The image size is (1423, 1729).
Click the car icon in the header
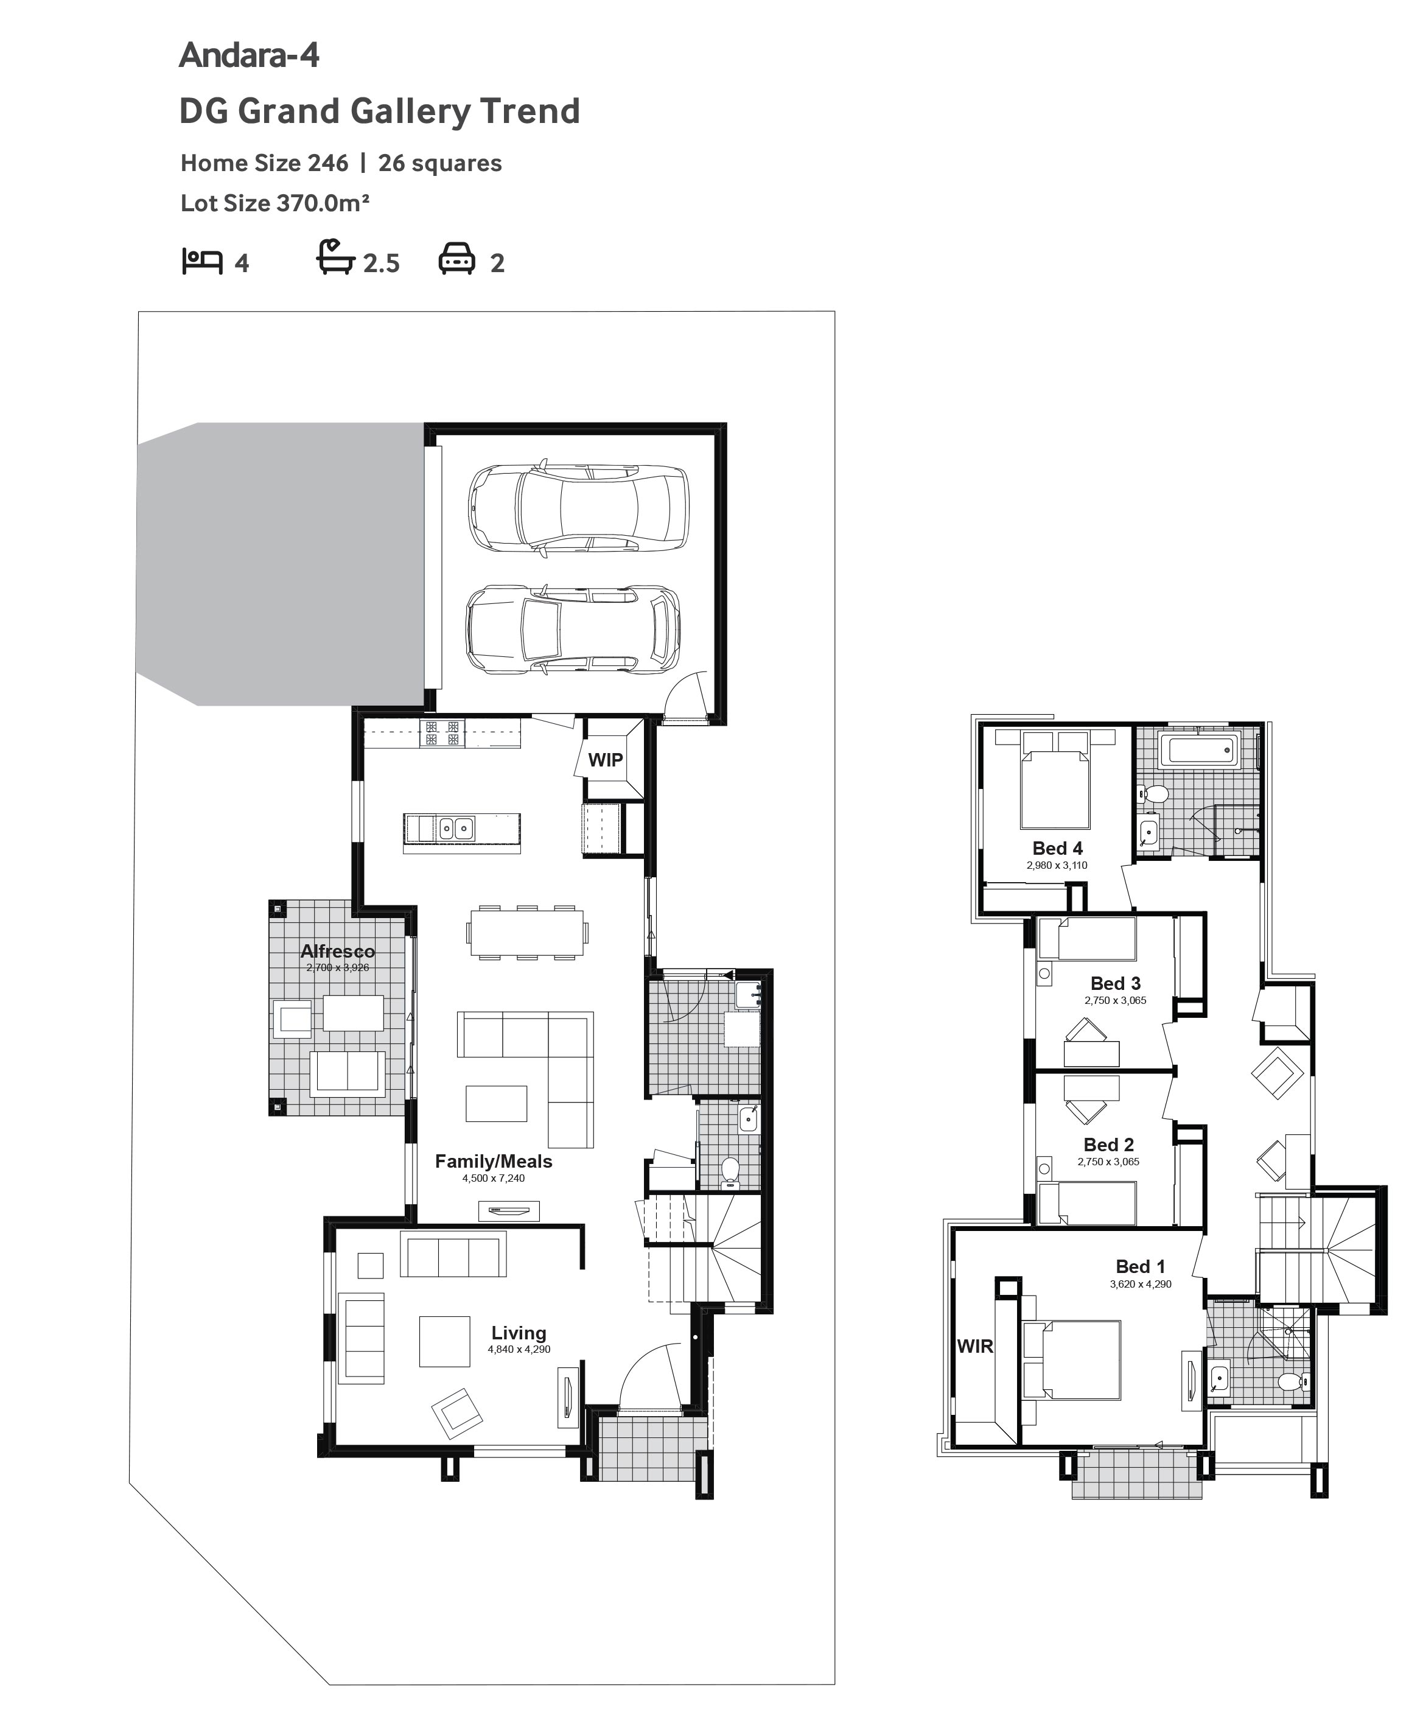coord(456,258)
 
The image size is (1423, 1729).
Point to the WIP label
coord(605,760)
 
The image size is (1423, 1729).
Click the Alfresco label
coord(338,951)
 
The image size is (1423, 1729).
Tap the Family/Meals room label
coord(494,1161)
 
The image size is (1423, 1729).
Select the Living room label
coord(519,1333)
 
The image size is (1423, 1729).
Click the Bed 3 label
coord(1116,983)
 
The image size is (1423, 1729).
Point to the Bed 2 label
coord(1109,1145)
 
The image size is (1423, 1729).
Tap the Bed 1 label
coord(1140,1267)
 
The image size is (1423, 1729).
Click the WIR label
coord(976,1346)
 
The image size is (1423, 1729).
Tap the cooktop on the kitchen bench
coord(442,733)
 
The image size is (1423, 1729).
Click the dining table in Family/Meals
coord(527,932)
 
